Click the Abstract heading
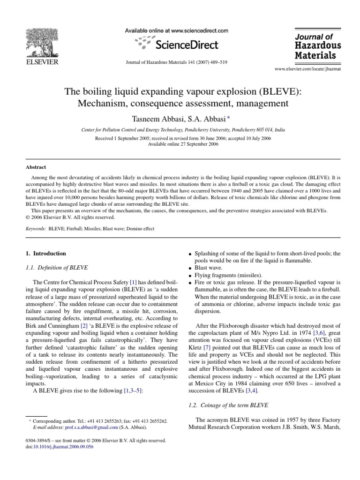click(x=36, y=166)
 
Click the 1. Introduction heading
click(x=45, y=254)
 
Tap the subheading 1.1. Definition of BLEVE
click(x=56, y=267)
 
